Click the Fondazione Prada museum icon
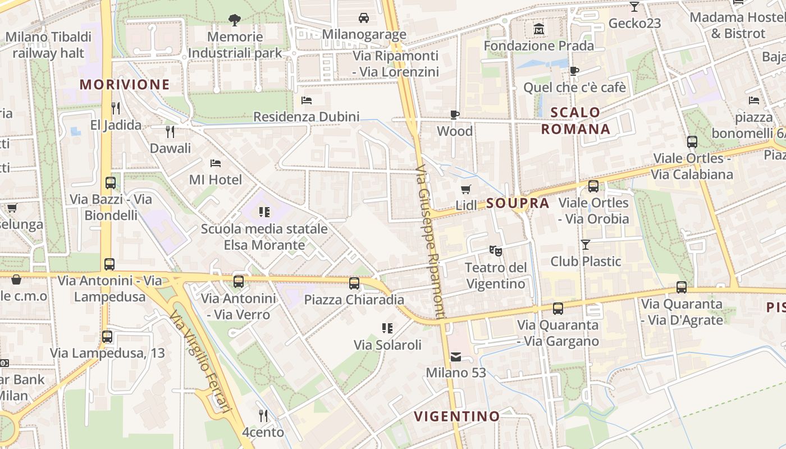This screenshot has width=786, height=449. point(539,28)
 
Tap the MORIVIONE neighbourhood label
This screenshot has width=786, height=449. point(125,85)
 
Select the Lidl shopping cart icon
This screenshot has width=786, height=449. point(465,189)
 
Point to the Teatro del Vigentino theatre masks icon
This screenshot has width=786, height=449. point(495,250)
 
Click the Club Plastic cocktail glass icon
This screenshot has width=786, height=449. point(586,244)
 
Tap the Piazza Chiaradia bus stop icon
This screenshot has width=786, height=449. point(354,283)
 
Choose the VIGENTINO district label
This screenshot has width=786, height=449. point(456,416)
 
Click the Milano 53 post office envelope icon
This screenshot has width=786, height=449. point(455,356)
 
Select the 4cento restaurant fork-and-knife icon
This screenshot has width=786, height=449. point(263,415)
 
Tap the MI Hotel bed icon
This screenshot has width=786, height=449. point(216,163)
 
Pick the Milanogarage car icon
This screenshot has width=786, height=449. point(364,18)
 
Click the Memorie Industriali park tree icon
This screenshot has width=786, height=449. point(235,20)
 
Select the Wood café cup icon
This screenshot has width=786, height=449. point(455,115)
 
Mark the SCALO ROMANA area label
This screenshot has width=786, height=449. point(575,121)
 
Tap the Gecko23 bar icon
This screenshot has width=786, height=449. point(634,7)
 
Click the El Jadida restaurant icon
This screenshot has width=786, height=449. point(116,108)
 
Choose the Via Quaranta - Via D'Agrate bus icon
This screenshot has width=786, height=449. point(682,287)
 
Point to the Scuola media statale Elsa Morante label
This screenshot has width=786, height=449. point(264,237)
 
